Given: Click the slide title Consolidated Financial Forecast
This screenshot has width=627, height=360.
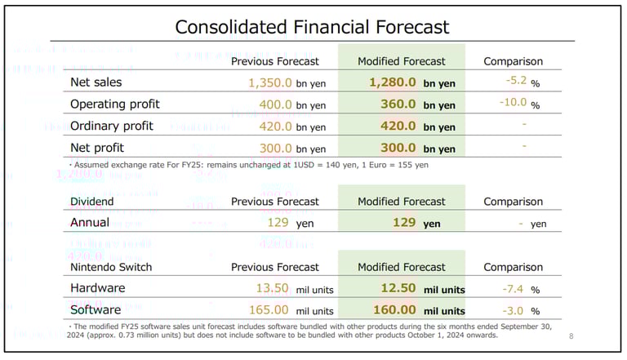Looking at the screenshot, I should click(313, 27).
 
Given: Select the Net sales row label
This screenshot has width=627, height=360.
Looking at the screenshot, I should click(96, 82).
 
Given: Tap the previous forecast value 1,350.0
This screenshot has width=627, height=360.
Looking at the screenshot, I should click(270, 82).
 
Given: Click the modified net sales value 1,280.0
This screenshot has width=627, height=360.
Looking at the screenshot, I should click(393, 82).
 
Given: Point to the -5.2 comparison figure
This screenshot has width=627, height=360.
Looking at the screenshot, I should click(516, 80).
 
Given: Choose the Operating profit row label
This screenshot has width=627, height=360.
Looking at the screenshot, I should click(114, 104).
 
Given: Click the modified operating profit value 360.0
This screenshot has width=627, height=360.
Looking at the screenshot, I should click(398, 104).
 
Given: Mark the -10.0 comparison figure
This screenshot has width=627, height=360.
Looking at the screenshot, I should click(513, 102).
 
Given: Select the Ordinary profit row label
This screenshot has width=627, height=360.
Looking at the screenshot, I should click(112, 127).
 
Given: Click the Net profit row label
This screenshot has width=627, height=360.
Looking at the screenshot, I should click(96, 149).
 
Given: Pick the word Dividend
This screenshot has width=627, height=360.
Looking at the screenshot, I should click(92, 202).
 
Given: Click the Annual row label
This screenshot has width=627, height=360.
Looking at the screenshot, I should click(90, 223).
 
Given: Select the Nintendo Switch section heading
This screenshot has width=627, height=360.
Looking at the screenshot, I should click(111, 267).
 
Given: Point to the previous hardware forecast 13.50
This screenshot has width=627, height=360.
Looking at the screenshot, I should click(273, 288).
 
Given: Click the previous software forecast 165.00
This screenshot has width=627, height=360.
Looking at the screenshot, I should click(269, 310).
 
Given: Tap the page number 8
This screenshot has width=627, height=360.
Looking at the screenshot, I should click(571, 336).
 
